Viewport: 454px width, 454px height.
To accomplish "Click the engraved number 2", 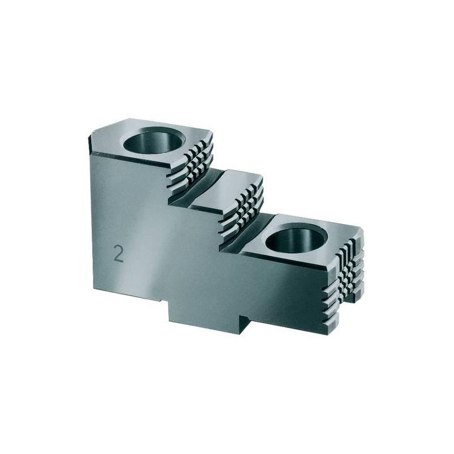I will coord(119,254).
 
